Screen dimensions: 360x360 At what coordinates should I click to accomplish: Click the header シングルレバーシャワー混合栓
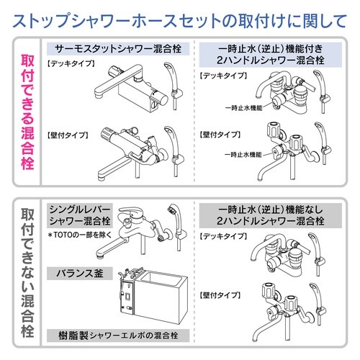[78, 214]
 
